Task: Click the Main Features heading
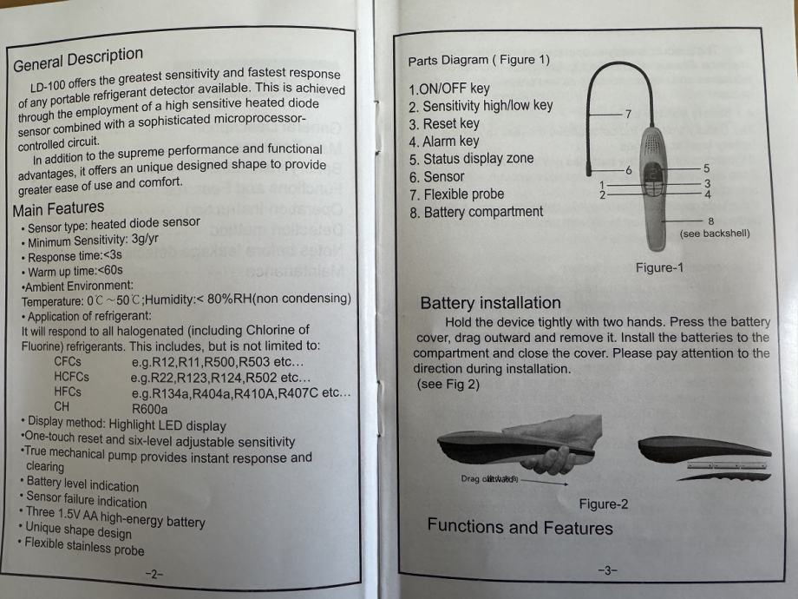pos(58,209)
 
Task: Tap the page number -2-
pos(153,574)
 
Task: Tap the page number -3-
pos(606,570)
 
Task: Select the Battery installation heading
pos(490,303)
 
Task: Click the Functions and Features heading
pos(520,526)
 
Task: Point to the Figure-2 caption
pos(604,504)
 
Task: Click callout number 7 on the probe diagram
pos(628,114)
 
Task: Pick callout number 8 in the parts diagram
pos(710,221)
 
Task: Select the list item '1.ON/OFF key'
pos(448,88)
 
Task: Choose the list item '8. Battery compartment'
pos(476,212)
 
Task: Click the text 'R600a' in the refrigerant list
pos(150,409)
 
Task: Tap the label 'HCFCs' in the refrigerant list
pos(71,377)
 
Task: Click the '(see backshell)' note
pos(715,234)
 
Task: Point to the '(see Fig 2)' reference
pos(448,384)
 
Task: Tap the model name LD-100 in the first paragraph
pos(49,88)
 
